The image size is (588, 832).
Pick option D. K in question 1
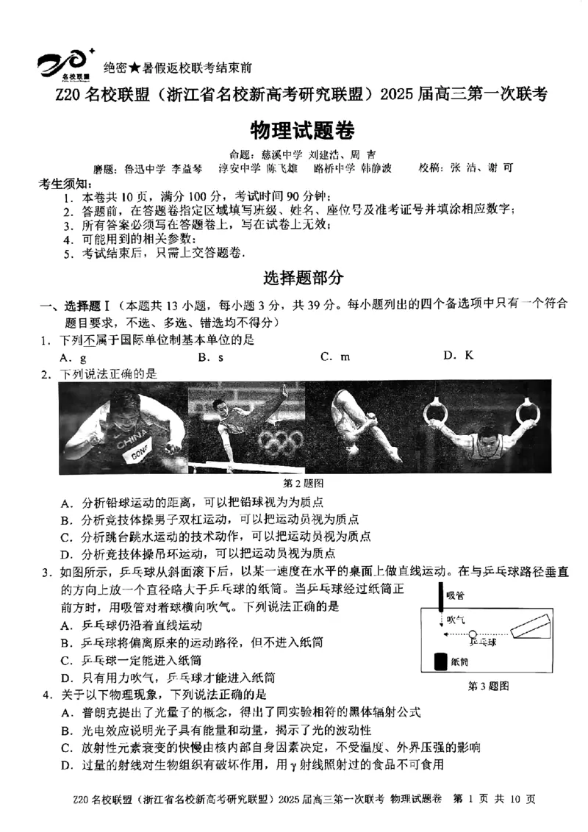pyautogui.click(x=459, y=356)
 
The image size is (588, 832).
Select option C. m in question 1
pyautogui.click(x=335, y=356)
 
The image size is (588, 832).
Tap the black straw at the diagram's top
pyautogui.click(x=440, y=599)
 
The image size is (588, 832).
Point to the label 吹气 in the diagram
pyautogui.click(x=456, y=619)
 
